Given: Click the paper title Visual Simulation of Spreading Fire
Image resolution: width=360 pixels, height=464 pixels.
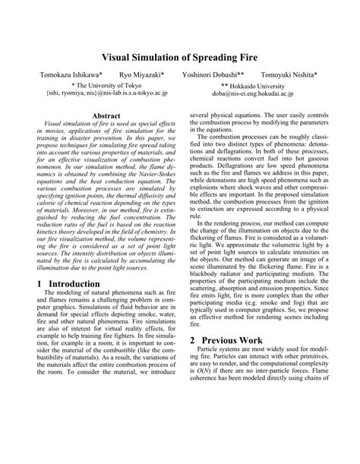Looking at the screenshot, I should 180,57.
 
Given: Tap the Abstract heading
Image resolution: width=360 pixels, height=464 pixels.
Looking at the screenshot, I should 106,115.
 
